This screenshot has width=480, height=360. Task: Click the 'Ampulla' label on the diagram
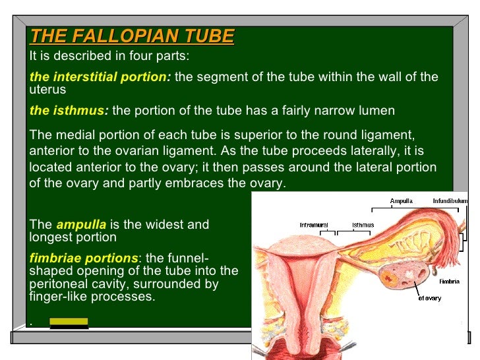(401, 200)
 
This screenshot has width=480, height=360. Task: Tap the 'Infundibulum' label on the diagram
(450, 200)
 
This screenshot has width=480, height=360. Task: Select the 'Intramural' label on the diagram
(314, 225)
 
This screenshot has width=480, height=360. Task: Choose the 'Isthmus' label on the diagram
(363, 225)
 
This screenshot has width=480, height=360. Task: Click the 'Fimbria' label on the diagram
(449, 281)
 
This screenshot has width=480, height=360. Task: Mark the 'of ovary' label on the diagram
(430, 297)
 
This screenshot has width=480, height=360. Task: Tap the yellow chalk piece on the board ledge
(69, 322)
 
